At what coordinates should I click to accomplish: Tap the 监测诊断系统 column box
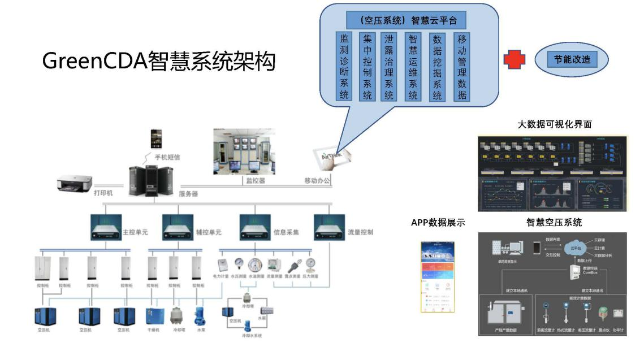pos(344,67)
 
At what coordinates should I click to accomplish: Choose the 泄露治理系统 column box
pos(389,67)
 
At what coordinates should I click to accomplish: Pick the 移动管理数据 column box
pos(462,67)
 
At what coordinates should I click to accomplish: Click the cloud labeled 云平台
pos(575,248)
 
